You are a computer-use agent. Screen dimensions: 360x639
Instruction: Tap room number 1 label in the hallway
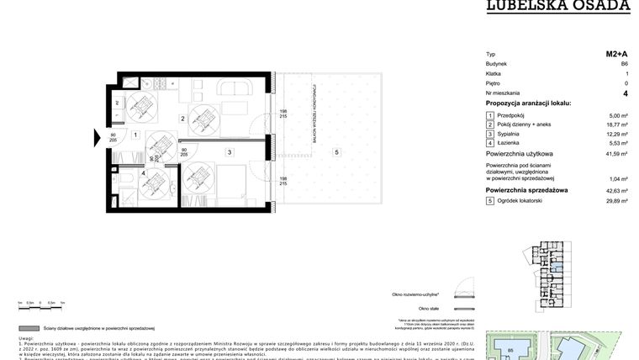click(135, 135)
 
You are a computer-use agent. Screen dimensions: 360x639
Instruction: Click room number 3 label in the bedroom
click(228, 151)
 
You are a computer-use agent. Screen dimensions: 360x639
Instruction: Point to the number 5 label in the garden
click(336, 151)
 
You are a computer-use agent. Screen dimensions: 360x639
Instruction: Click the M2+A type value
click(617, 54)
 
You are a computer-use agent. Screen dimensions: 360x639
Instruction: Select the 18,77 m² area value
click(618, 124)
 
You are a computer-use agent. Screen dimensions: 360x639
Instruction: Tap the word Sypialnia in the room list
click(509, 134)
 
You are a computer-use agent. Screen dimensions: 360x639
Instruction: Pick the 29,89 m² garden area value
click(618, 202)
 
